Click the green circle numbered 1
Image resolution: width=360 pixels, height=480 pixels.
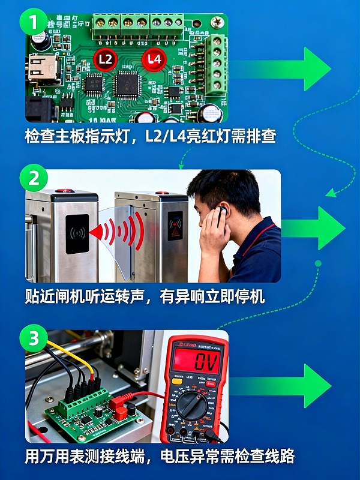34,23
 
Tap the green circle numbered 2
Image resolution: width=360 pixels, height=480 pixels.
34,178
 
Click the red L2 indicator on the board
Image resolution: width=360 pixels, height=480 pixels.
105,59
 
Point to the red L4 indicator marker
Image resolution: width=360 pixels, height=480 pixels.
154,59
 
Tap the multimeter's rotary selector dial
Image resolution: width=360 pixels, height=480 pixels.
191,406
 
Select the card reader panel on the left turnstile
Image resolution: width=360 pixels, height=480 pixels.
77,233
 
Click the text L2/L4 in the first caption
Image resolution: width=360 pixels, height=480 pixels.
172,136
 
